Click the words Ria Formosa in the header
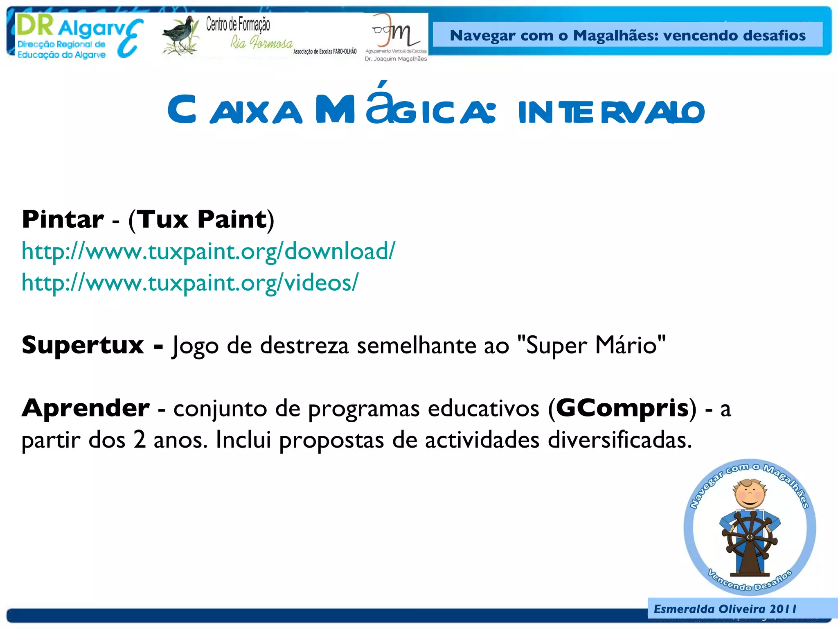pos(261,42)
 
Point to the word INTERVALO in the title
pos(611,112)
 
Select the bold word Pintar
pos(63,219)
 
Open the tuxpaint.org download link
pos(208,251)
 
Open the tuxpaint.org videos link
pos(190,283)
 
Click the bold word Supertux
pos(83,345)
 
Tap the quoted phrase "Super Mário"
pos(591,345)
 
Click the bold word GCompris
pos(622,408)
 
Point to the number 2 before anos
pos(140,440)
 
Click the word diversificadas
pos(619,440)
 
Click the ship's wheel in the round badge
pos(750,536)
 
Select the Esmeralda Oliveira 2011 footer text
pos(725,609)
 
